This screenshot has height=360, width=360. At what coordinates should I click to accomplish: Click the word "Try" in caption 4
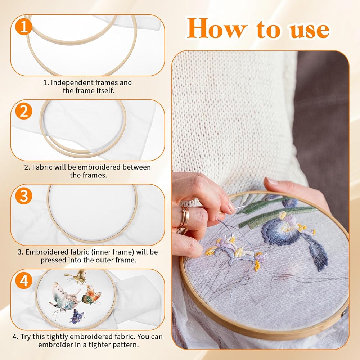pyautogui.click(x=26, y=337)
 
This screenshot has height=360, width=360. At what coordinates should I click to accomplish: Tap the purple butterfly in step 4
pyautogui.click(x=77, y=316)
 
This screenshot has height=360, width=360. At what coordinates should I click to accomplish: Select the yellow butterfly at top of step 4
pyautogui.click(x=76, y=276)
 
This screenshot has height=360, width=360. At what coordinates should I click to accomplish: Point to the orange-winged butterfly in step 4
pyautogui.click(x=91, y=295)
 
